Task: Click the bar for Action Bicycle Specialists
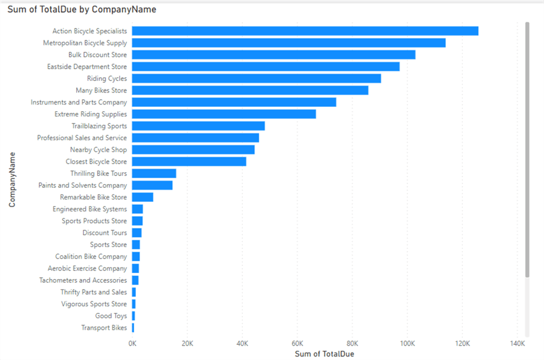click(305, 31)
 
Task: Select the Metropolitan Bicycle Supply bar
click(288, 43)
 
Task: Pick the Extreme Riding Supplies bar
click(224, 114)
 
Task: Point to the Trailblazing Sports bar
click(198, 126)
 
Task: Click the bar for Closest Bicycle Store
click(189, 161)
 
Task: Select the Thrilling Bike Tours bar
click(154, 173)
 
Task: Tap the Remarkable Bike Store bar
click(142, 197)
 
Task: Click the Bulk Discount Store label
click(97, 55)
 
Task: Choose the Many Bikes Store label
click(101, 91)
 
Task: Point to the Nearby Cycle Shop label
click(99, 150)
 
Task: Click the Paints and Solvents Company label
click(82, 185)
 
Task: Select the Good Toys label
click(111, 316)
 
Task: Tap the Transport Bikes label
click(104, 328)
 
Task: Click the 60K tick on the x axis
click(297, 344)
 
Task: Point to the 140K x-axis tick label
click(517, 344)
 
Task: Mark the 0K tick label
click(132, 344)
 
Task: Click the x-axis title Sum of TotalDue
click(324, 354)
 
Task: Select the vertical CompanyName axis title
click(12, 179)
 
